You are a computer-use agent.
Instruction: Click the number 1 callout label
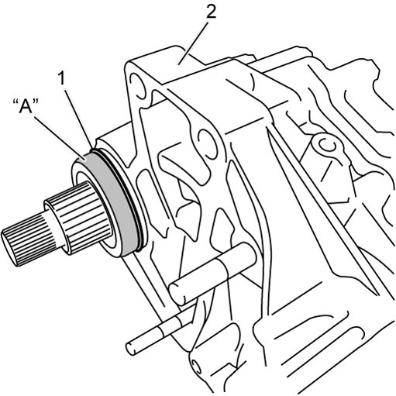click(x=61, y=78)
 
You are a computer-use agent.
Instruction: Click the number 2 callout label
click(x=211, y=12)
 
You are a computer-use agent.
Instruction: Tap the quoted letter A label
click(x=26, y=106)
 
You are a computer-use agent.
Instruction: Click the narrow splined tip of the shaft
click(x=25, y=241)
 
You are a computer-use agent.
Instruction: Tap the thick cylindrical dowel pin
click(x=212, y=274)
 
